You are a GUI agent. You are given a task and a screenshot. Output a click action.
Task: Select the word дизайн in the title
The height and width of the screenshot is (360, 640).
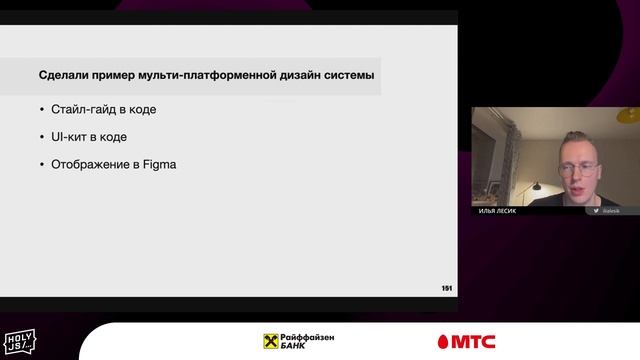click(x=297, y=75)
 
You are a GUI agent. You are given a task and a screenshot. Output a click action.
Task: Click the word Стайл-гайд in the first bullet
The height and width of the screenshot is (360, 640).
click(x=83, y=109)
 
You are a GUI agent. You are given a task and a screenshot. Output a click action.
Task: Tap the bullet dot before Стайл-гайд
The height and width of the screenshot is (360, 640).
click(x=41, y=109)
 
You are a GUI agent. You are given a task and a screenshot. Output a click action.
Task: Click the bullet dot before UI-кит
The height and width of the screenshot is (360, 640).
click(x=41, y=136)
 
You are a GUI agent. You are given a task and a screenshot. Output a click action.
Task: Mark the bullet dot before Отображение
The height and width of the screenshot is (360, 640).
click(x=41, y=163)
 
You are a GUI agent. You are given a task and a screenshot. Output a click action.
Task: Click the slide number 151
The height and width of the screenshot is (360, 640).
click(x=446, y=288)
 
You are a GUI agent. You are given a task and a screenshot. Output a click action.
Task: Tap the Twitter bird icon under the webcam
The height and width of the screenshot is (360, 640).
click(x=595, y=211)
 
